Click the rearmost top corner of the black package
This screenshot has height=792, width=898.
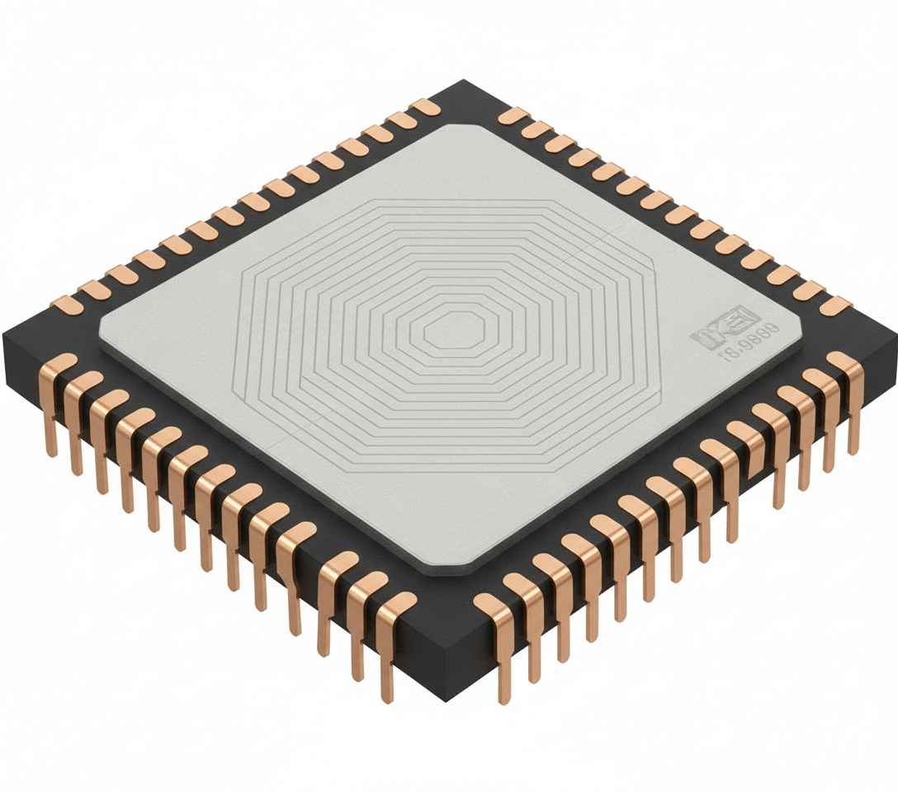pos(465,81)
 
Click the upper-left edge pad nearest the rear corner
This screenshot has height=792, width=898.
pos(424,107)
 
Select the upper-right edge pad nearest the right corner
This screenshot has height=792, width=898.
pos(834,305)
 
